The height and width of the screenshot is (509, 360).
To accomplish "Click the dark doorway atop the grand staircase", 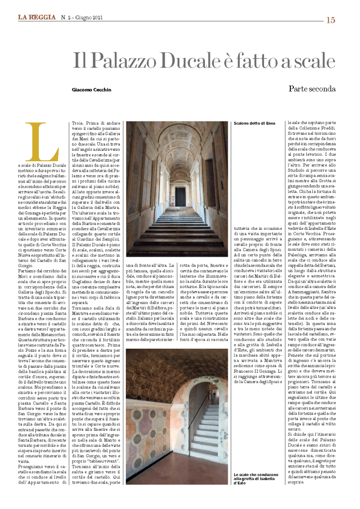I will [180, 196].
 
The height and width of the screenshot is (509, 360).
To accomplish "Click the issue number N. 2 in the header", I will [67, 18].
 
